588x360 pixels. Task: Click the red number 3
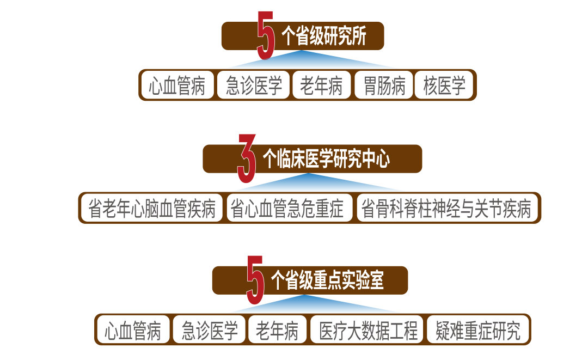click(x=247, y=158)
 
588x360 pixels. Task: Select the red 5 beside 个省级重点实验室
click(x=255, y=280)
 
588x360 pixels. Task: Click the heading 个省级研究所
click(x=323, y=36)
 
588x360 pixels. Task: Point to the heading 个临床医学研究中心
click(x=326, y=158)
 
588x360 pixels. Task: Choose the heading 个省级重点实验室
click(x=327, y=280)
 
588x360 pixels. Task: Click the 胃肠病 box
click(x=384, y=86)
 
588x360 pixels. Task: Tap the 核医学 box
click(x=444, y=86)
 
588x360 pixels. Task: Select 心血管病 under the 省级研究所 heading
click(x=177, y=86)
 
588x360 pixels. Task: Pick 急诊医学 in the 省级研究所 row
click(x=254, y=86)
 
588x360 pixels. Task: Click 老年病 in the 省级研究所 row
click(x=321, y=86)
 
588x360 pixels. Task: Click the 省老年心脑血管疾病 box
click(x=151, y=208)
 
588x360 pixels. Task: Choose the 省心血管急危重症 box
click(x=289, y=208)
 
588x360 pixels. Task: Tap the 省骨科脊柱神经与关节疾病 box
click(x=446, y=208)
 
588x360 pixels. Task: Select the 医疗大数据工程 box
click(x=368, y=330)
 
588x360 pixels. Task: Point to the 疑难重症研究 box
click(x=477, y=330)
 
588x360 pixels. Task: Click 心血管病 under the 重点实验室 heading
click(x=133, y=330)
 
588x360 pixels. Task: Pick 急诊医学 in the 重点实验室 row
click(x=210, y=330)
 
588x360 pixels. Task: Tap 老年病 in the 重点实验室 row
click(x=277, y=330)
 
